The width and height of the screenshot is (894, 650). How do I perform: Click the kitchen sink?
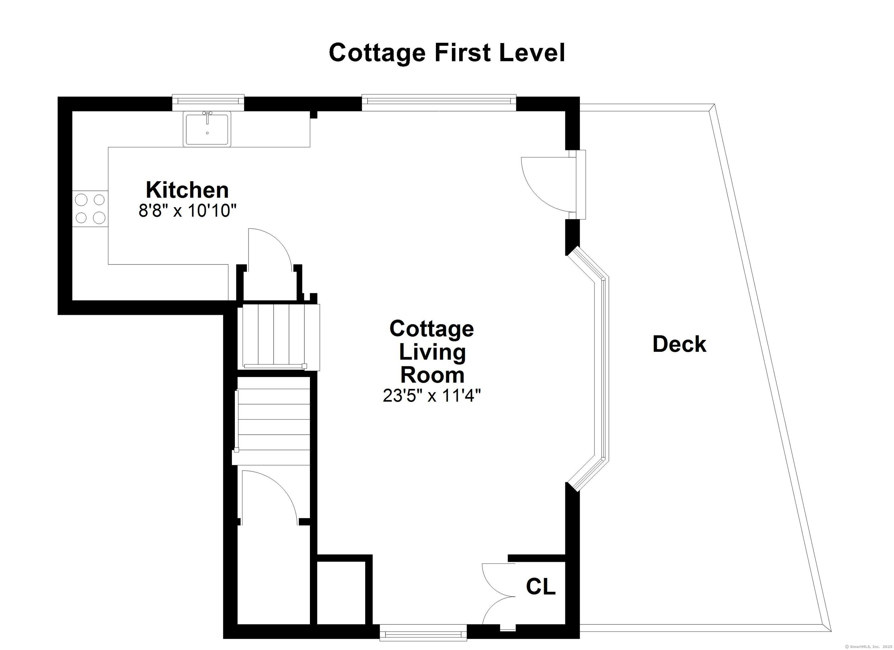click(x=207, y=129)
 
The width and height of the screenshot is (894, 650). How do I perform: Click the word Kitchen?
click(x=187, y=190)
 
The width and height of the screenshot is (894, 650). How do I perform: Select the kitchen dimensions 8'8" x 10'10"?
click(x=187, y=211)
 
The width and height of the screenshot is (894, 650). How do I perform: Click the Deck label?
click(x=679, y=344)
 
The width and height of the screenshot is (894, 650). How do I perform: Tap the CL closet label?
click(x=541, y=587)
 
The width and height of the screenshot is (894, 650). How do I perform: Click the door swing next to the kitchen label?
click(x=269, y=250)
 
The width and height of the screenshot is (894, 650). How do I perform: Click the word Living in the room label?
click(x=432, y=352)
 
